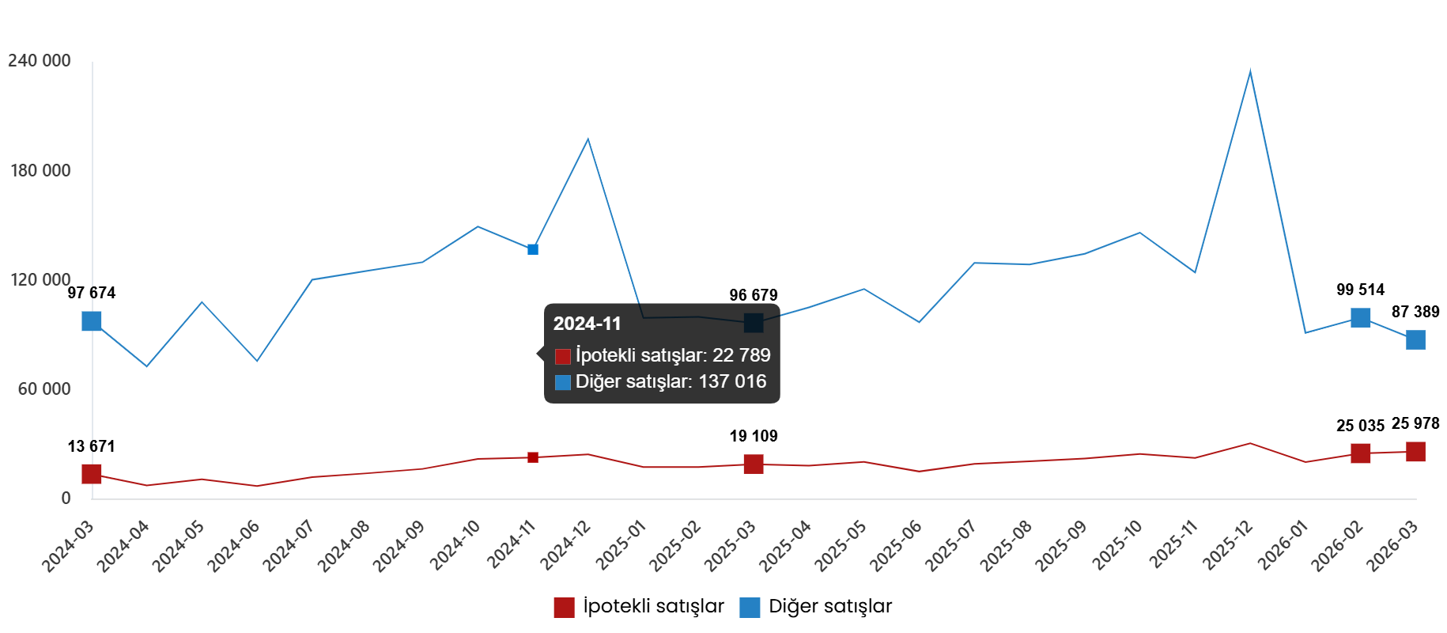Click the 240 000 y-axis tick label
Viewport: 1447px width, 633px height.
click(x=40, y=61)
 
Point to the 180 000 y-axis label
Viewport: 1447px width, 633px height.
click(x=40, y=170)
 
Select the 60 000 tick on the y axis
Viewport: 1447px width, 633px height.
click(x=44, y=389)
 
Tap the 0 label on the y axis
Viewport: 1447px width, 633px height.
click(x=66, y=498)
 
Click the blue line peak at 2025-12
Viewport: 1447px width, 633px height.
click(x=1250, y=72)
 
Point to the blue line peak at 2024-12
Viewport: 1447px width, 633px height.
click(x=587, y=139)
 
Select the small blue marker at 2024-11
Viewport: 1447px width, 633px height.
click(x=533, y=249)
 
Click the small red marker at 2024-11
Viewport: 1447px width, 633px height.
click(x=533, y=457)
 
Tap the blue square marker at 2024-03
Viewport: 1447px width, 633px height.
click(x=92, y=320)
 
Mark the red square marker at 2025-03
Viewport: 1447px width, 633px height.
click(x=754, y=464)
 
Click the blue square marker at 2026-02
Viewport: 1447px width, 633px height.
click(x=1361, y=317)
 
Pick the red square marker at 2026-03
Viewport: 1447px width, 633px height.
click(x=1415, y=452)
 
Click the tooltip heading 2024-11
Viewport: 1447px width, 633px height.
click(x=587, y=324)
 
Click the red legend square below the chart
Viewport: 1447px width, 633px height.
click(x=564, y=608)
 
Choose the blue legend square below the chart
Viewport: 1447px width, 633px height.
click(x=750, y=608)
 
